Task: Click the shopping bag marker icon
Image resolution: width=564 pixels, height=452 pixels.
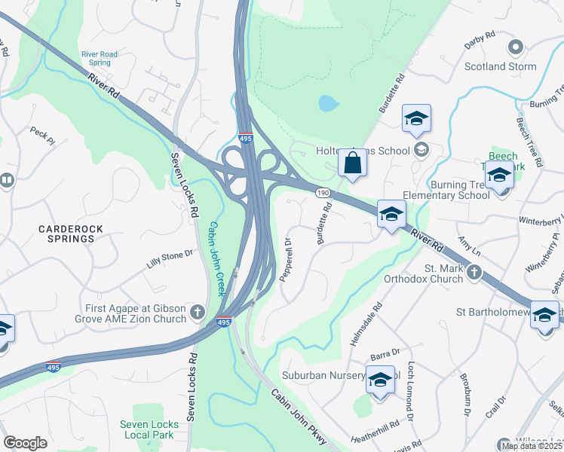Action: coord(352,162)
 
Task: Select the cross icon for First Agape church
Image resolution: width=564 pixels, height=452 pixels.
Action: coord(198,312)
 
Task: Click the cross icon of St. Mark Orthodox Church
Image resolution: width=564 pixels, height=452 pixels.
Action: coord(474,272)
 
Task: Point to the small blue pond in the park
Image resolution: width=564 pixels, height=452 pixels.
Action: coord(328,102)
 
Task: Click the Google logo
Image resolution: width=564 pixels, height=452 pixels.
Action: coord(25,442)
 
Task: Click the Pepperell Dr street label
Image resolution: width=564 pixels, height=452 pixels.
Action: coord(286,260)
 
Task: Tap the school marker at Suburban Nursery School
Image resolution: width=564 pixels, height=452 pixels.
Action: coord(380,378)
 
